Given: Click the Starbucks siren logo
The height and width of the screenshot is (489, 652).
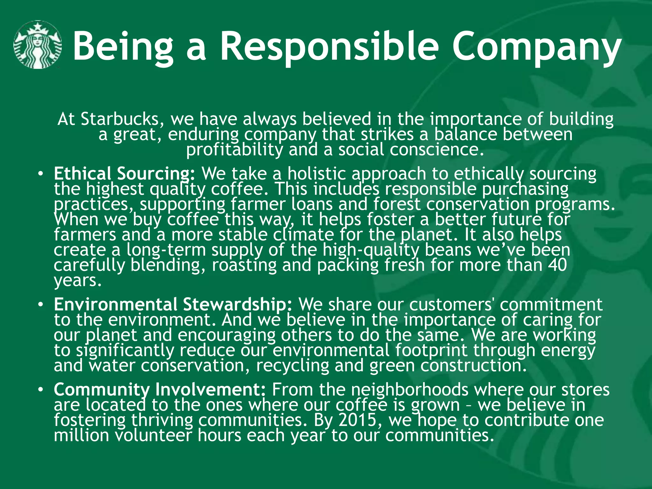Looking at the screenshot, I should pos(38,45).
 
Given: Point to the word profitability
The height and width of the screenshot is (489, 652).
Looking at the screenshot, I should pos(234,150).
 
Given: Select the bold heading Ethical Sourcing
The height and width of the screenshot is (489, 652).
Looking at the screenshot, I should pos(124,174).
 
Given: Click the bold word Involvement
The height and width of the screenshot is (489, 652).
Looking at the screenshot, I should pos(210,389).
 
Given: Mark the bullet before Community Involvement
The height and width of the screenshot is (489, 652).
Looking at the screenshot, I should pos(40,390).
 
